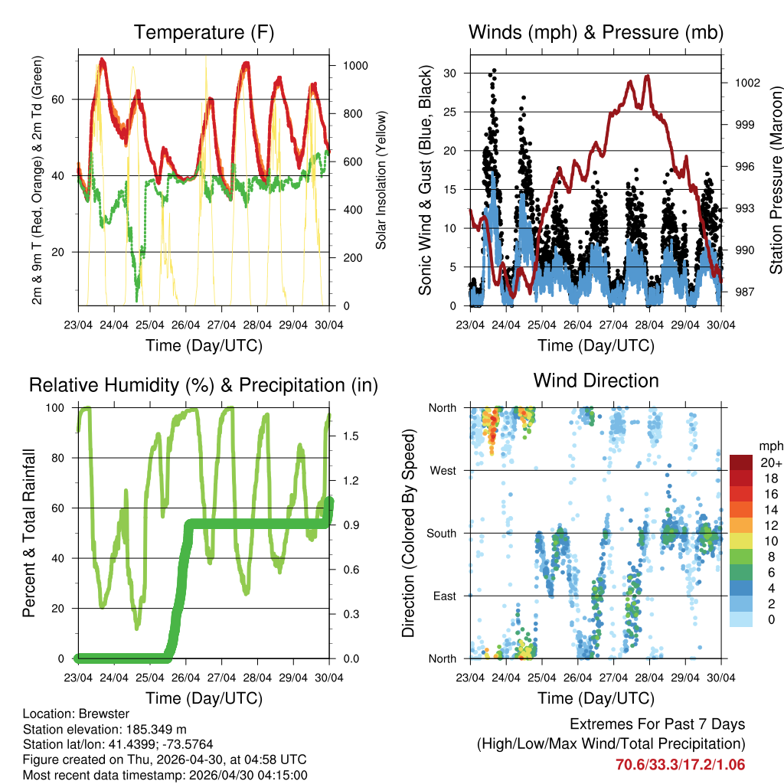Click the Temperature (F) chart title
tap(204, 32)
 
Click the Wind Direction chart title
tap(596, 381)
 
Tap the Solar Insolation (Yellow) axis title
tap(381, 180)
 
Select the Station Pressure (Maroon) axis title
tap(775, 181)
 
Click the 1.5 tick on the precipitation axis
tap(351, 436)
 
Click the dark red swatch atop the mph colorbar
tap(741, 462)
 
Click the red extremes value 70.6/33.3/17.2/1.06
tap(680, 764)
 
